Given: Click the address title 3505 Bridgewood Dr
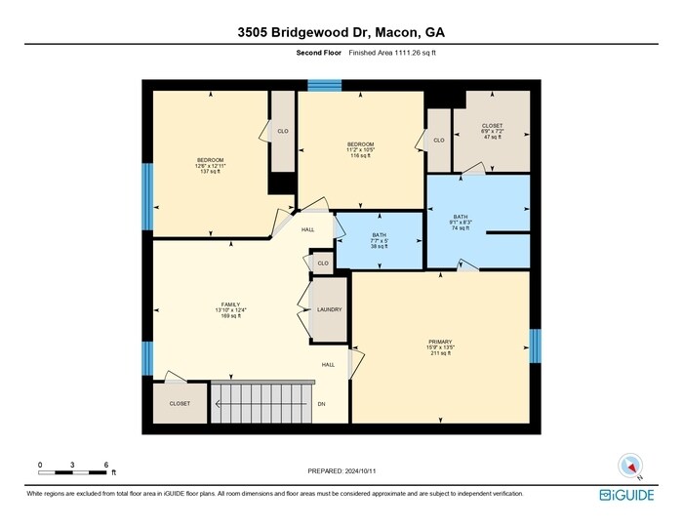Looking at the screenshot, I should coord(341,32).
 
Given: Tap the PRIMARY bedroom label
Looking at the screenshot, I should coord(440,347).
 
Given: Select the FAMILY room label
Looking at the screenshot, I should coord(230,309).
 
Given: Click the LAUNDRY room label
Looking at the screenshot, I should coord(329,309).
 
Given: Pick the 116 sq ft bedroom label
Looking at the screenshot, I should coord(360,150).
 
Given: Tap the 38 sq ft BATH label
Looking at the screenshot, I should coord(380,241).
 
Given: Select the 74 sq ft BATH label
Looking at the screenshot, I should coord(462,223).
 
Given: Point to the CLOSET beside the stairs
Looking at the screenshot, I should coord(180,403).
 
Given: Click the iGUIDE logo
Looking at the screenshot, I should coord(626,495).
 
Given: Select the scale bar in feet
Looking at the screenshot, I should coord(73,469).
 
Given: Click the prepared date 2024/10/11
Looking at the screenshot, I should coord(341,470).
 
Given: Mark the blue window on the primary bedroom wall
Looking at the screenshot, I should coord(535,345).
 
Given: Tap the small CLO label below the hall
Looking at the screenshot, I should coord(322,263).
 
